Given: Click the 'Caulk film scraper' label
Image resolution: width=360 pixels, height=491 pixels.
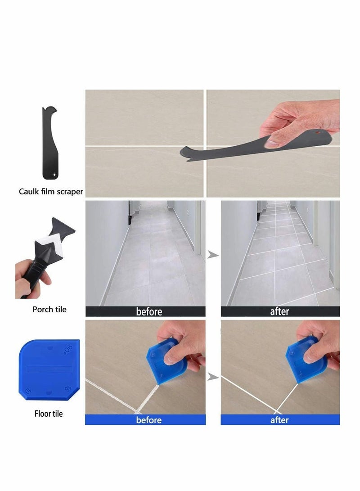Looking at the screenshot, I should pos(51,191).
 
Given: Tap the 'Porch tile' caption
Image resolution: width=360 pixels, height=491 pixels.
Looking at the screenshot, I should pos(49,309).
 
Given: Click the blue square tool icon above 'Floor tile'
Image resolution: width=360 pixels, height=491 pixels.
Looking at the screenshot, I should pos(49,367).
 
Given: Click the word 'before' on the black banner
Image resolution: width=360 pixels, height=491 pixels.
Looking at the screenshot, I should pos(149,311).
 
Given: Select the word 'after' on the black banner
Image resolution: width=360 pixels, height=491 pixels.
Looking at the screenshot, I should pos(279,311).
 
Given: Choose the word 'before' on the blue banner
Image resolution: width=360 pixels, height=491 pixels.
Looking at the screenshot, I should pos(149,420).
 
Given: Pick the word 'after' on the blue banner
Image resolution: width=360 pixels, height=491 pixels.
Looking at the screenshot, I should pos(279,420).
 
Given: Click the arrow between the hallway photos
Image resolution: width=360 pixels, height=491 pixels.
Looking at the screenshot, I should pos(212,255).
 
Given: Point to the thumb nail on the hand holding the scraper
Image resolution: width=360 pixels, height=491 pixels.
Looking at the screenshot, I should pos(273,143).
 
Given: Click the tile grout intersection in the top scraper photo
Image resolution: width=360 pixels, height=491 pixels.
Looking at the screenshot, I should pos(205,146).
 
